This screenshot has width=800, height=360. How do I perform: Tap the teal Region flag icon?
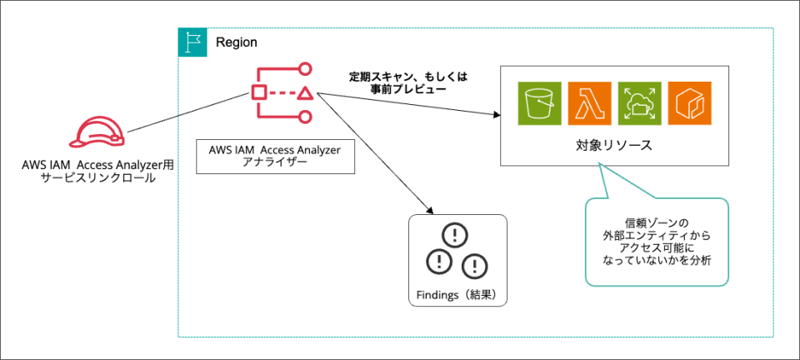tap(192, 42)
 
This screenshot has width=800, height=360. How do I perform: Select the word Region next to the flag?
tap(237, 42)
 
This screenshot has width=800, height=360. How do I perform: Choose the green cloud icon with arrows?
tap(638, 103)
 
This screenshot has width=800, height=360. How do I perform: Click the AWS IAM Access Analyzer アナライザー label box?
tap(275, 156)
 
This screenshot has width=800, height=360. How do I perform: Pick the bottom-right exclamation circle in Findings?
tap(474, 264)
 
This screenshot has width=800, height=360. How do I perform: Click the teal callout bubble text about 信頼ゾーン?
tap(656, 242)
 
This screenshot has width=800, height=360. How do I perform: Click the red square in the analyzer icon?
tap(259, 92)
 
